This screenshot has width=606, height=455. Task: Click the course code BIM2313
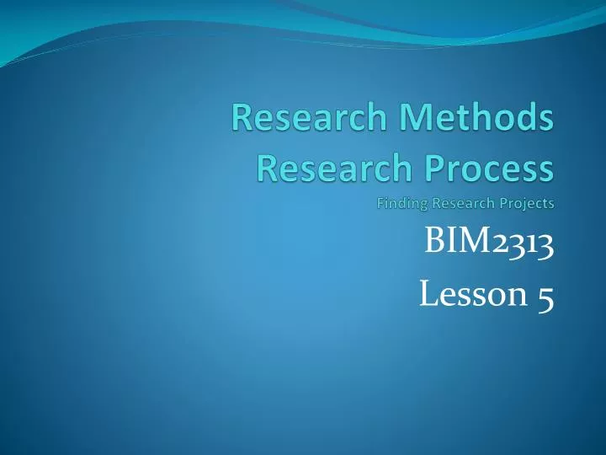point(489,246)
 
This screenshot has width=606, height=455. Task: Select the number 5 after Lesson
point(545,297)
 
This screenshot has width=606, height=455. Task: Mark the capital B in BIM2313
point(434,246)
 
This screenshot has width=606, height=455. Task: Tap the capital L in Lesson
point(426,296)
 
